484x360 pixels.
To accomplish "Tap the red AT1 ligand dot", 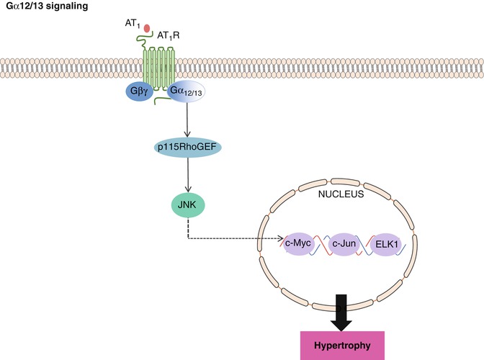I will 148,28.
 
